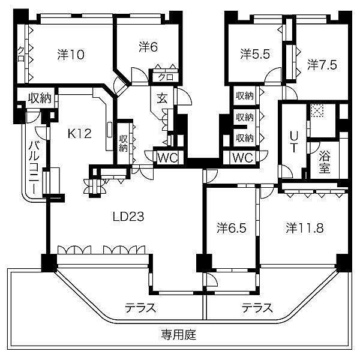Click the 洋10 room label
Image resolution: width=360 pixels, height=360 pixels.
tap(70, 55)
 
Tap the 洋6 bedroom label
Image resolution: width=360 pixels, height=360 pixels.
tap(148, 46)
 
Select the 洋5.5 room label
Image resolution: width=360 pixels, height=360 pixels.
tap(255, 54)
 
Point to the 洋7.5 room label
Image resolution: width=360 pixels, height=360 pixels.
tap(322, 63)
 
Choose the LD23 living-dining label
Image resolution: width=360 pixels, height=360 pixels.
tap(128, 217)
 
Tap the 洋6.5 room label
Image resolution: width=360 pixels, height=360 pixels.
tap(231, 227)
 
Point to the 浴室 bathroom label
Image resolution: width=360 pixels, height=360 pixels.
tap(325, 161)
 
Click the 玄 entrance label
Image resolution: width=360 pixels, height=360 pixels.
tap(163, 99)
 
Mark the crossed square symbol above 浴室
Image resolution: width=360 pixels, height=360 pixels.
tap(316, 110)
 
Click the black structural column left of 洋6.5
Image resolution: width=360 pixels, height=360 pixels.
tap(204, 263)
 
